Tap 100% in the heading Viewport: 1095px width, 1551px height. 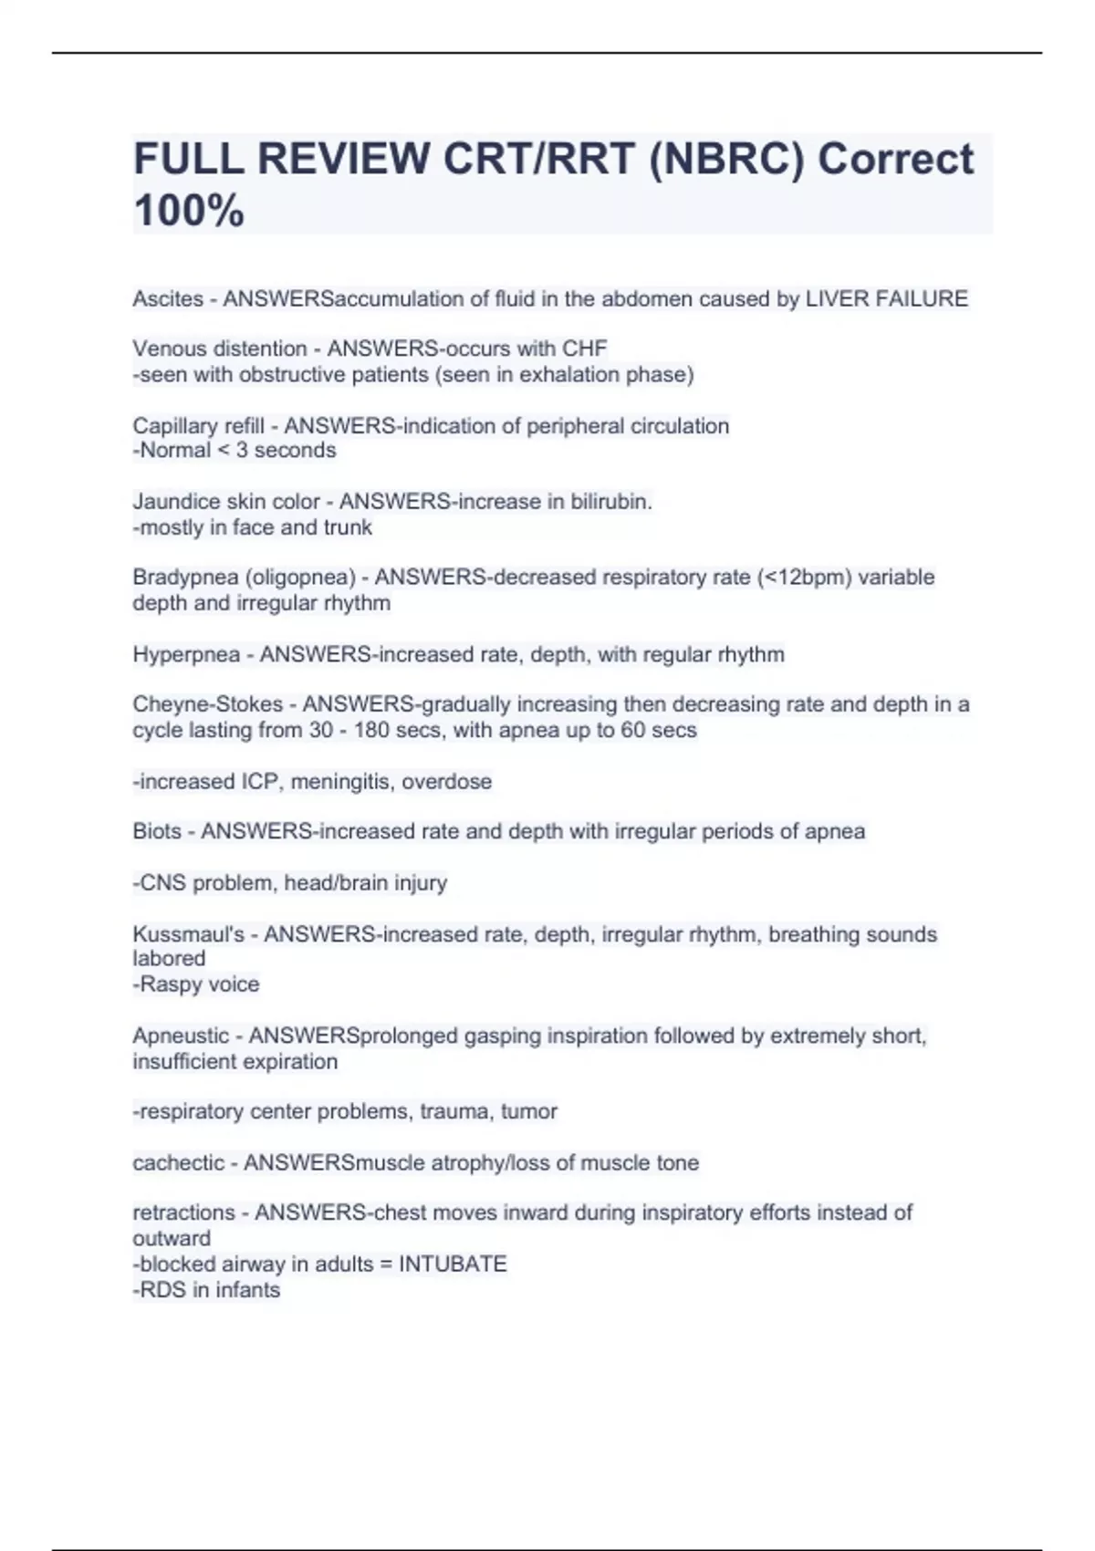tap(189, 211)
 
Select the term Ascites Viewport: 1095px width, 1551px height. tap(168, 299)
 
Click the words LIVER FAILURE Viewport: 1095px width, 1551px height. tap(886, 299)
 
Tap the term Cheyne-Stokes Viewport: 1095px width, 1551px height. tap(208, 704)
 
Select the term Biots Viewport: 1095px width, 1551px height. tap(157, 831)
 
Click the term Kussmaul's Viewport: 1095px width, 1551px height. tap(189, 934)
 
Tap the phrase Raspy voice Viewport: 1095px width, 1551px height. tap(199, 984)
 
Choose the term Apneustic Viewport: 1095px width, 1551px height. tap(181, 1036)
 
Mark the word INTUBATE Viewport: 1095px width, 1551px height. tap(453, 1265)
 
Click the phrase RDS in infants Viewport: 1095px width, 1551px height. tap(209, 1290)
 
